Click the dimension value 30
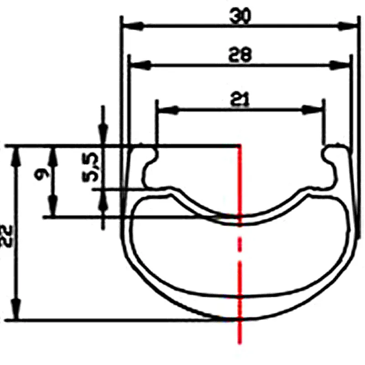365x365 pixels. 240,16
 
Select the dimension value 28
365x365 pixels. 240,55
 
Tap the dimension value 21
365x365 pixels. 240,99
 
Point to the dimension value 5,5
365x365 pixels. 91,167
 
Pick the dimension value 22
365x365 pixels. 7,236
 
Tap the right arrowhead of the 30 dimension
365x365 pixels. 347,26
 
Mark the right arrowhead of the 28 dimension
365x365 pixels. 339,65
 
